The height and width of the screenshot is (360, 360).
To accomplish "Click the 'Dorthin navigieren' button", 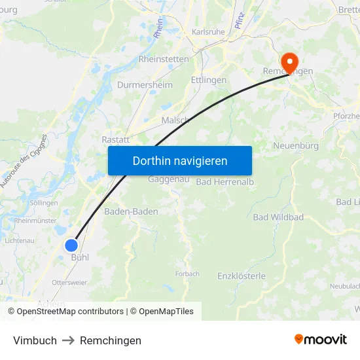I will pyautogui.click(x=179, y=160).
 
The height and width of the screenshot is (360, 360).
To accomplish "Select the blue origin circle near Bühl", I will pyautogui.click(x=71, y=245).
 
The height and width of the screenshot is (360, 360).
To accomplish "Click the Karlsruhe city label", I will pyautogui.click(x=208, y=31).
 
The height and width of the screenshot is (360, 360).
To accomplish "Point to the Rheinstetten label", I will pyautogui.click(x=164, y=59).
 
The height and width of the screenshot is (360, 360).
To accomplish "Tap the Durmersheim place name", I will pyautogui.click(x=145, y=85).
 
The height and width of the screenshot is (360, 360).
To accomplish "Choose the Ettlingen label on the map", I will pyautogui.click(x=208, y=80).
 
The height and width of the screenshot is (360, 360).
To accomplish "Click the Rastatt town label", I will pyautogui.click(x=116, y=139).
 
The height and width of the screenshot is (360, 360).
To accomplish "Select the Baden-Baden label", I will pyautogui.click(x=131, y=211).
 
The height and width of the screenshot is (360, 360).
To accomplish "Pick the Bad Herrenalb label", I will pyautogui.click(x=225, y=181).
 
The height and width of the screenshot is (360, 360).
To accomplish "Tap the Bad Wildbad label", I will pyautogui.click(x=278, y=217).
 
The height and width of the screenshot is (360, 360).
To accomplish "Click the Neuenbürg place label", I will pyautogui.click(x=295, y=145).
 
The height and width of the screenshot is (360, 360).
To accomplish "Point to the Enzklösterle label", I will pyautogui.click(x=242, y=276).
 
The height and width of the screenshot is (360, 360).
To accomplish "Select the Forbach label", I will pyautogui.click(x=187, y=274).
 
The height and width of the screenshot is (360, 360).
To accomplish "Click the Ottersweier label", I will pyautogui.click(x=69, y=283).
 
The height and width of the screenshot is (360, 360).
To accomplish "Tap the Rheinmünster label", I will pyautogui.click(x=35, y=221).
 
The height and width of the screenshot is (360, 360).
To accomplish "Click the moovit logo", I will pyautogui.click(x=320, y=340).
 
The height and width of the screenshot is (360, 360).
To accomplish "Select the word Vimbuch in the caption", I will pyautogui.click(x=35, y=340).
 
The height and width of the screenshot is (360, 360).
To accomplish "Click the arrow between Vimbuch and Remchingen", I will pyautogui.click(x=68, y=340).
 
